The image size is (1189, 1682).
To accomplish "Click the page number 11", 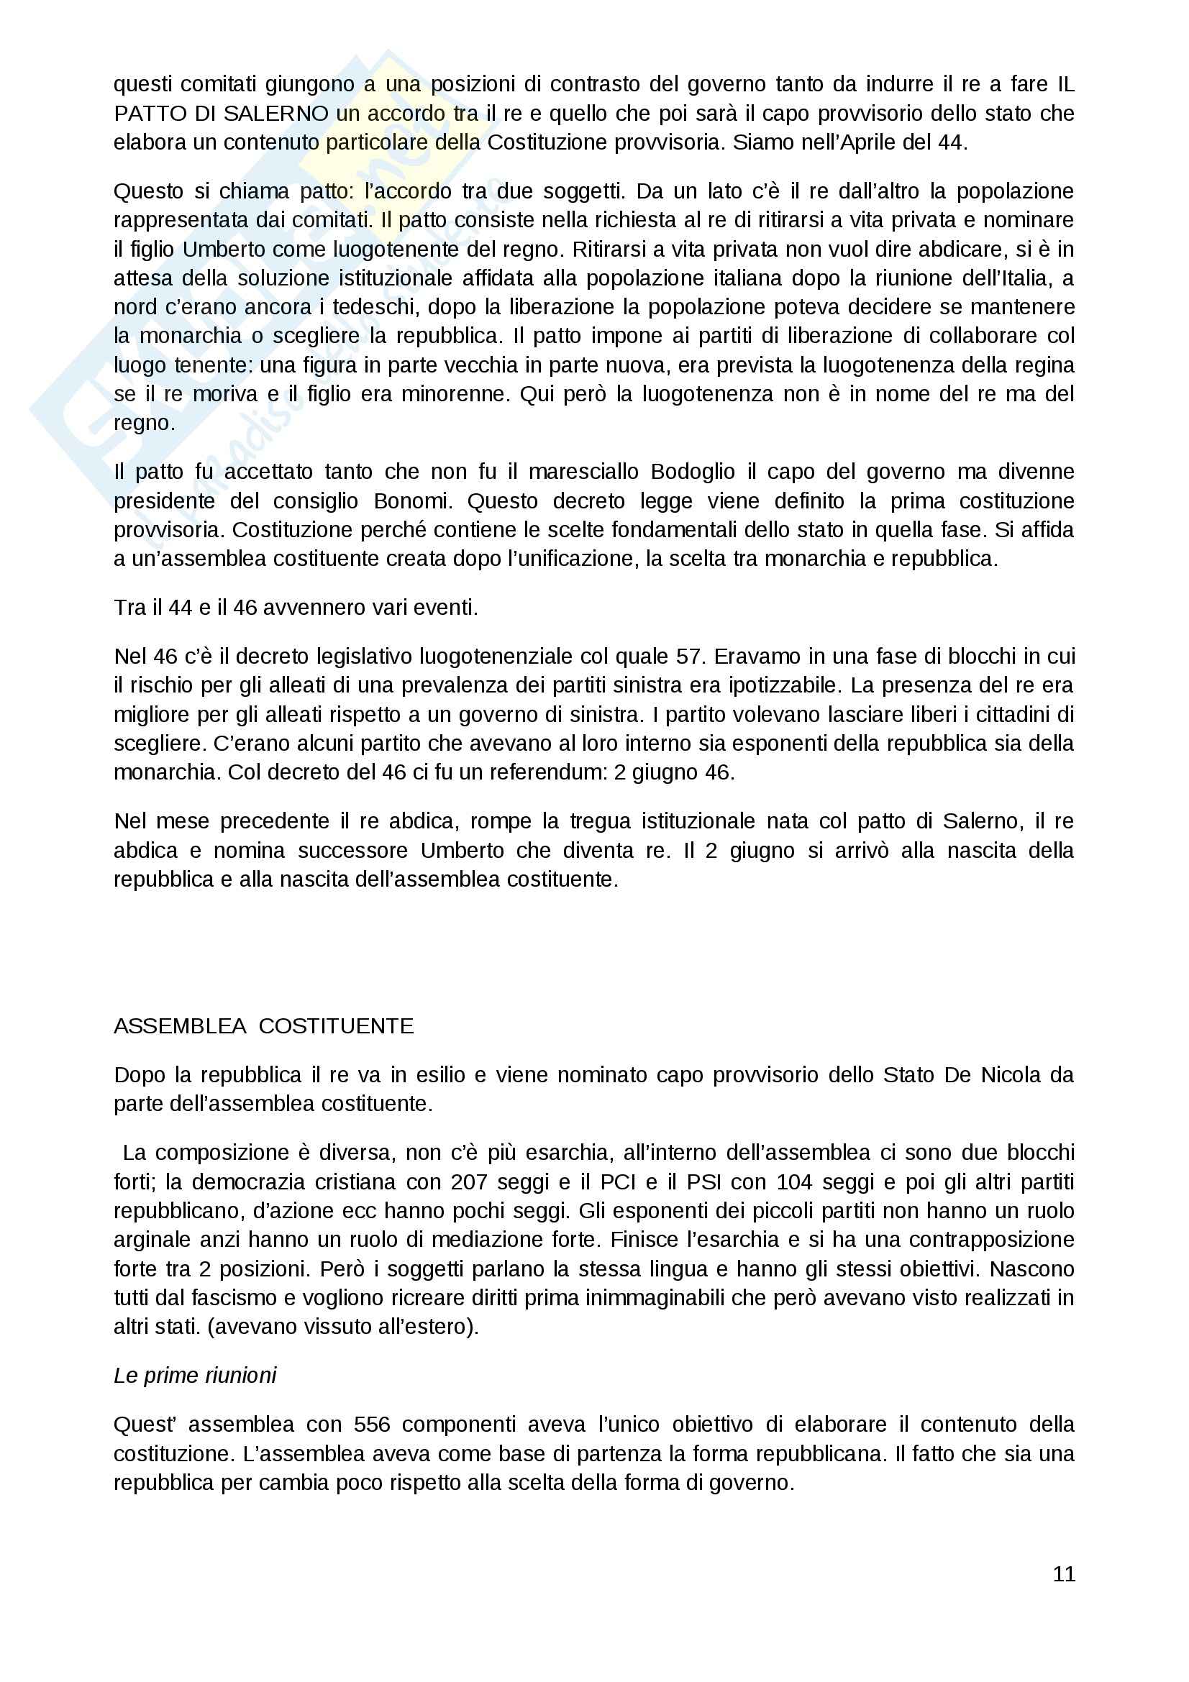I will (1064, 1573).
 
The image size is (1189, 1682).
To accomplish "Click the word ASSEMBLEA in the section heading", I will (181, 1025).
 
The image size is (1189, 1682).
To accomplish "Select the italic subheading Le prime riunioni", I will (195, 1375).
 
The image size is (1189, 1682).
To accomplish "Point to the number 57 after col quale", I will (688, 656).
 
